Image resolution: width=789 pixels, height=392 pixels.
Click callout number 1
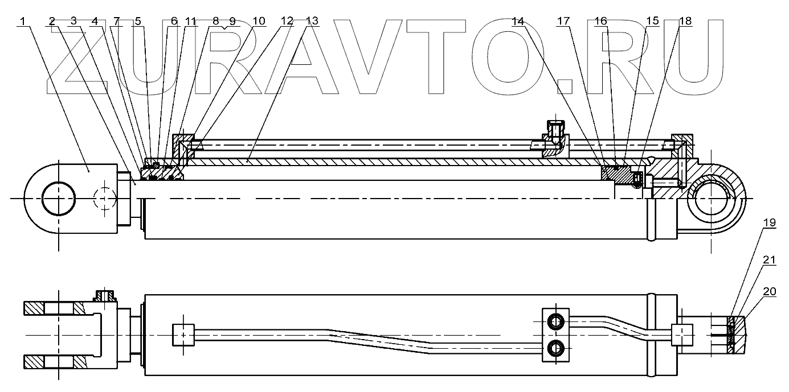click(x=22, y=21)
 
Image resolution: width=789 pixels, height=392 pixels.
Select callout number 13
click(x=312, y=21)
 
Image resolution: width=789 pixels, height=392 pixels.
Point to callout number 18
click(x=685, y=21)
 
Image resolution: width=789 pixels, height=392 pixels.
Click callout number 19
click(x=769, y=223)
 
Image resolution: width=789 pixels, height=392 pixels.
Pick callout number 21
click(x=769, y=259)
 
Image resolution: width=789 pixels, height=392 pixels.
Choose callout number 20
click(x=769, y=291)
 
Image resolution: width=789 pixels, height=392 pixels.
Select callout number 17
click(x=563, y=21)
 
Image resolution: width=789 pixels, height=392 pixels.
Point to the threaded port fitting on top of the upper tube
click(x=554, y=129)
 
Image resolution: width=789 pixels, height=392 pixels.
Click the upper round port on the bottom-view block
click(x=555, y=322)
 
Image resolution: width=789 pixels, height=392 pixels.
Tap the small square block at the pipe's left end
click(x=183, y=334)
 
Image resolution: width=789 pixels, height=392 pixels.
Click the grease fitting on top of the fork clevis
click(x=105, y=296)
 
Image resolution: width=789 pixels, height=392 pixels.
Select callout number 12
click(x=287, y=21)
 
